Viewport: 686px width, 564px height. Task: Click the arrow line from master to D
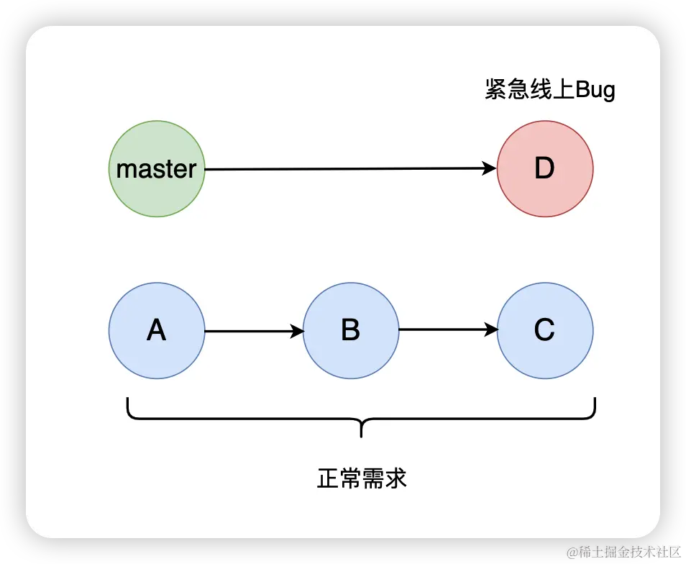coord(345,169)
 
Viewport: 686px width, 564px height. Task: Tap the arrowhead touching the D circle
coord(490,169)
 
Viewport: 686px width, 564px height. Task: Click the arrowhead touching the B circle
coord(296,331)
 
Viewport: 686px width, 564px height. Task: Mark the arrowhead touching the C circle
coord(491,330)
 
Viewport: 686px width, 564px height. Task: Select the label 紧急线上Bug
coord(550,91)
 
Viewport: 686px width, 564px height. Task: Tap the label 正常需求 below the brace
coord(362,478)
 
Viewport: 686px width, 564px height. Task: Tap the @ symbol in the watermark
coord(571,552)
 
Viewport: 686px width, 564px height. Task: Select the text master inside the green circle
coord(156,170)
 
